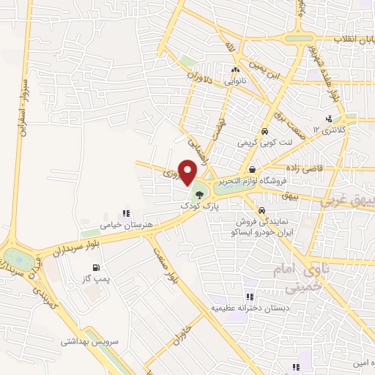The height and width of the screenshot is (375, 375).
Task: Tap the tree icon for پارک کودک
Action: (x=199, y=195)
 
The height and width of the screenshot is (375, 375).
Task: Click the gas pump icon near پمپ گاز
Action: (x=97, y=266)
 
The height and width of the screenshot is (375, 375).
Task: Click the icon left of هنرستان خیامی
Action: (x=126, y=213)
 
